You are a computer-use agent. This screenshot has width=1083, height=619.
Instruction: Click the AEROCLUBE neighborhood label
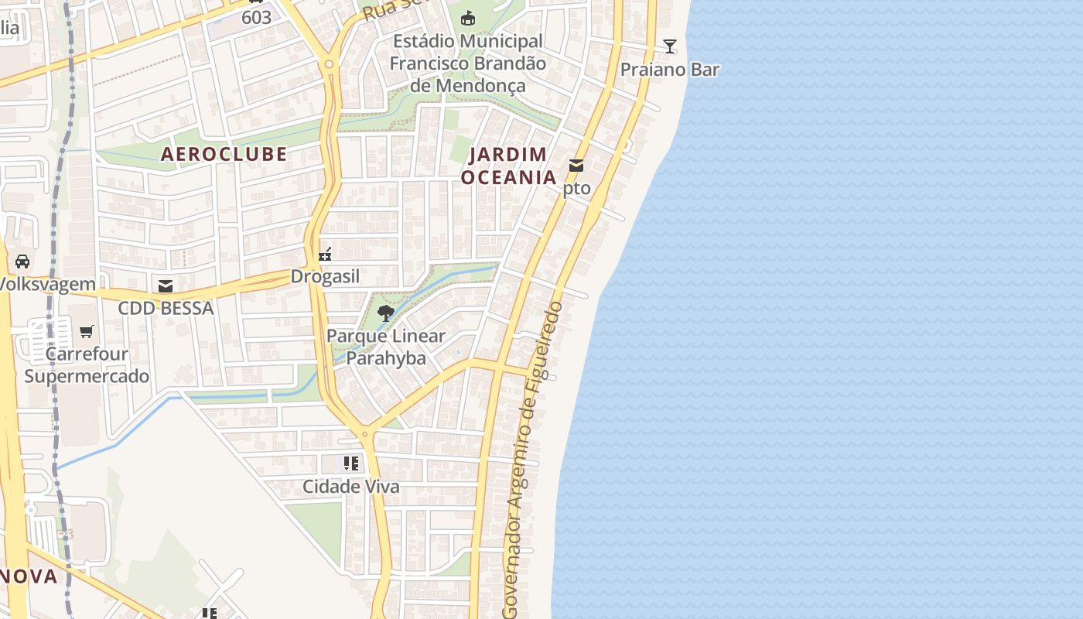(x=224, y=154)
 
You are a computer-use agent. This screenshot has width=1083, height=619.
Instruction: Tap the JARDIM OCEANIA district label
(x=508, y=166)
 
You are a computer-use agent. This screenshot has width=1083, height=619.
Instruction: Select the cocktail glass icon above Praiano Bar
(x=670, y=46)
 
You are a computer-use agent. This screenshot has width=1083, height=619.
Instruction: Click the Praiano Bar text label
(x=670, y=70)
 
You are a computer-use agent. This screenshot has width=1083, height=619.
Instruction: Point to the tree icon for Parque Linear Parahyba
(x=385, y=313)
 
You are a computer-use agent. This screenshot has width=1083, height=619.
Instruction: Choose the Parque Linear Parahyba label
(x=386, y=347)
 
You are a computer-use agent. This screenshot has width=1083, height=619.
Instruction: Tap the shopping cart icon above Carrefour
(x=87, y=331)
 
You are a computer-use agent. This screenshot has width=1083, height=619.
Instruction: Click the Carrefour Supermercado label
(x=87, y=365)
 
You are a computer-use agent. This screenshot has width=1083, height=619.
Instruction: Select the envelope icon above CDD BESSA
(x=166, y=286)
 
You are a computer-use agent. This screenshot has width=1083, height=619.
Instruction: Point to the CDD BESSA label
(x=166, y=308)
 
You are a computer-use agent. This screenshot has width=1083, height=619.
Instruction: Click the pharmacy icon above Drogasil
(x=326, y=254)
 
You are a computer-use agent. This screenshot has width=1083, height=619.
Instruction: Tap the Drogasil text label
(x=326, y=276)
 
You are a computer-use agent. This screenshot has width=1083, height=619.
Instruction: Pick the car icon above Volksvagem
(x=22, y=262)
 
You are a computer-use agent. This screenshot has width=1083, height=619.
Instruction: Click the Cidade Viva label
(x=351, y=487)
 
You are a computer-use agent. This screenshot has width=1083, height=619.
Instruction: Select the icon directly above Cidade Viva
(x=351, y=463)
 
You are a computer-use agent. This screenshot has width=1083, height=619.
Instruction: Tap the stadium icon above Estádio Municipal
(x=467, y=18)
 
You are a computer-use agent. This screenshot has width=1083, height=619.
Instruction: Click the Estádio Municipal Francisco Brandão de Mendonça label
(x=467, y=63)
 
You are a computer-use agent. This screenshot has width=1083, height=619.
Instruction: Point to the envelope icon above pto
(x=576, y=165)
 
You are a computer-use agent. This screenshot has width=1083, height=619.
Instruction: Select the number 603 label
(x=256, y=17)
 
